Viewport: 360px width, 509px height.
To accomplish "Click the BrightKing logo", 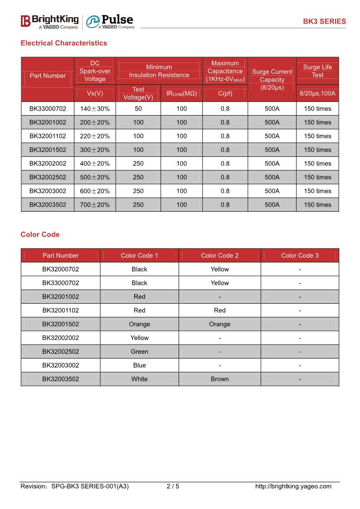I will pyautogui.click(x=49, y=21).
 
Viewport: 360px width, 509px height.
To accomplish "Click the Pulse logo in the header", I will pyautogui.click(x=110, y=21).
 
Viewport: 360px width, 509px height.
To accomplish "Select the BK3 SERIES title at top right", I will pyautogui.click(x=324, y=21).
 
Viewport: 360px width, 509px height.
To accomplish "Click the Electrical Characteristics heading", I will pyautogui.click(x=64, y=43).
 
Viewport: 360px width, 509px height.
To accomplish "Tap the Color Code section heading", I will pyautogui.click(x=40, y=234).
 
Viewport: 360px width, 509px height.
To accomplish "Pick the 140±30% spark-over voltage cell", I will pyautogui.click(x=95, y=109).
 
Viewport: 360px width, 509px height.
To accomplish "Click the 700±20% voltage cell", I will pyautogui.click(x=95, y=205).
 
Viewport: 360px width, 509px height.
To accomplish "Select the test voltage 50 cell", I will pyautogui.click(x=138, y=109).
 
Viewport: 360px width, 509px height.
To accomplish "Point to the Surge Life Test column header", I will pyautogui.click(x=317, y=71).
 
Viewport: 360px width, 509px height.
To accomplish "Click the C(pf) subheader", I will pyautogui.click(x=225, y=93).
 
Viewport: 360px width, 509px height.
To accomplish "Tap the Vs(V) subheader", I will pyautogui.click(x=95, y=93).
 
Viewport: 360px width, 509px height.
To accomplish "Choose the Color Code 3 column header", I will pyautogui.click(x=300, y=256).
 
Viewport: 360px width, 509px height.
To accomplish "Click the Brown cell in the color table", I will pyautogui.click(x=219, y=379).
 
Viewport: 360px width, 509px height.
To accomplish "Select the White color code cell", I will pyautogui.click(x=139, y=379).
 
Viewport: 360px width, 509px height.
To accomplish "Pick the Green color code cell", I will pyautogui.click(x=139, y=352).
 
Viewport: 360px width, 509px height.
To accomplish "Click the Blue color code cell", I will pyautogui.click(x=139, y=365).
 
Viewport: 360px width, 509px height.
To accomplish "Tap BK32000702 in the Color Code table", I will pyautogui.click(x=60, y=269).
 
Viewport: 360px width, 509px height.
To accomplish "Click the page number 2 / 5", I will pyautogui.click(x=173, y=486).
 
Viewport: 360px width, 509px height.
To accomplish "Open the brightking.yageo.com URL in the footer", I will pyautogui.click(x=293, y=486).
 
